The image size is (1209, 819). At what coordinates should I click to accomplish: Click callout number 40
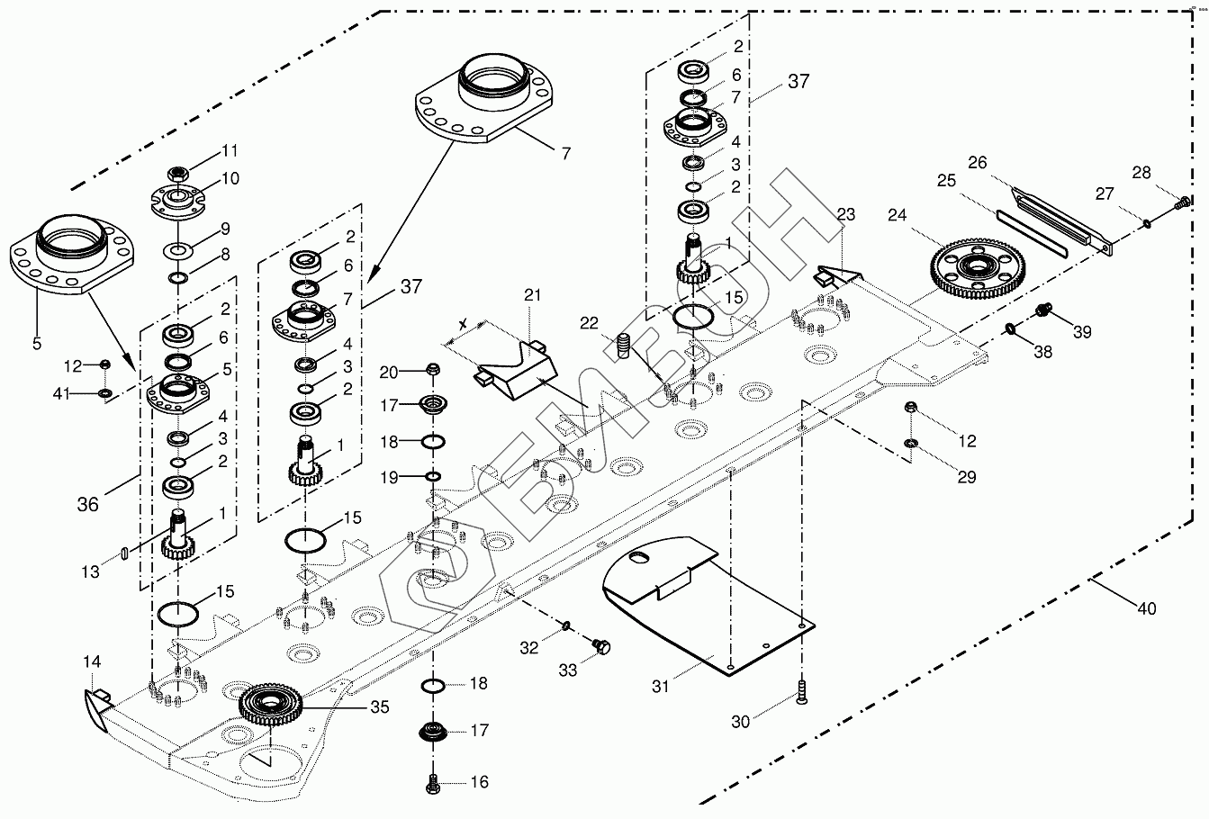(x=1146, y=609)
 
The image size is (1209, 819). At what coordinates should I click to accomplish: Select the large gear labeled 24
(x=973, y=267)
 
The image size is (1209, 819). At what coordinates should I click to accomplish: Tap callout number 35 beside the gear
(x=379, y=707)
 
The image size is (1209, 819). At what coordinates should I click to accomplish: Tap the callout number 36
(x=87, y=505)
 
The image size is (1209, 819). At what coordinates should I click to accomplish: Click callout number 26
(x=978, y=163)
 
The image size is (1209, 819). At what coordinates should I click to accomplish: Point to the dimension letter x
(x=462, y=324)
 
